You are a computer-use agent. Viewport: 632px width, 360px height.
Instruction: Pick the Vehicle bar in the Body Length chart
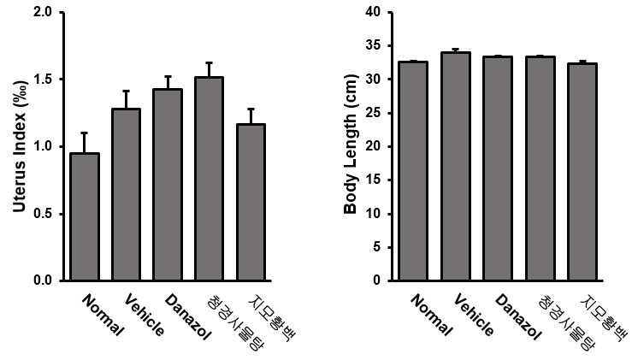point(456,166)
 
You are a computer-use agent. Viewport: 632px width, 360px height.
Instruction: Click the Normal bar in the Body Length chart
point(414,170)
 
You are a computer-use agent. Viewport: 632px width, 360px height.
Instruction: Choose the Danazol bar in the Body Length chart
point(498,168)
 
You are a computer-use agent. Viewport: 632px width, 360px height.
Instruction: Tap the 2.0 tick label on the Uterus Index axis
point(44,13)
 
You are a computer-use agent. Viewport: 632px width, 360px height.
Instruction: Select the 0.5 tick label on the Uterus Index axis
point(44,213)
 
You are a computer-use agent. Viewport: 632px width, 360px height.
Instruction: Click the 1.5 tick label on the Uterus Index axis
point(44,80)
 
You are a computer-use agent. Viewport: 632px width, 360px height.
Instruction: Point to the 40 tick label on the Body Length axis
point(373,13)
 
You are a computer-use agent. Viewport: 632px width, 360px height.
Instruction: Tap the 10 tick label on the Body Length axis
point(373,214)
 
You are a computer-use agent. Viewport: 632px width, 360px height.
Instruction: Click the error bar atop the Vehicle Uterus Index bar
point(127,99)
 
